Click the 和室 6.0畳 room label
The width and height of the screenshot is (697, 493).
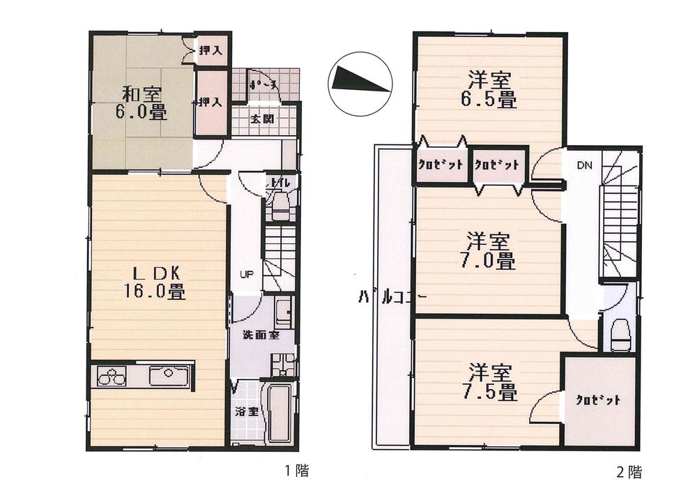[x=135, y=102]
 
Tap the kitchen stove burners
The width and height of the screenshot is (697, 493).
[x=112, y=377]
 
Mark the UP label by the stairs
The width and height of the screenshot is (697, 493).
[x=246, y=274]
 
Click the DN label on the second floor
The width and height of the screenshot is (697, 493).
[x=584, y=166]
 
